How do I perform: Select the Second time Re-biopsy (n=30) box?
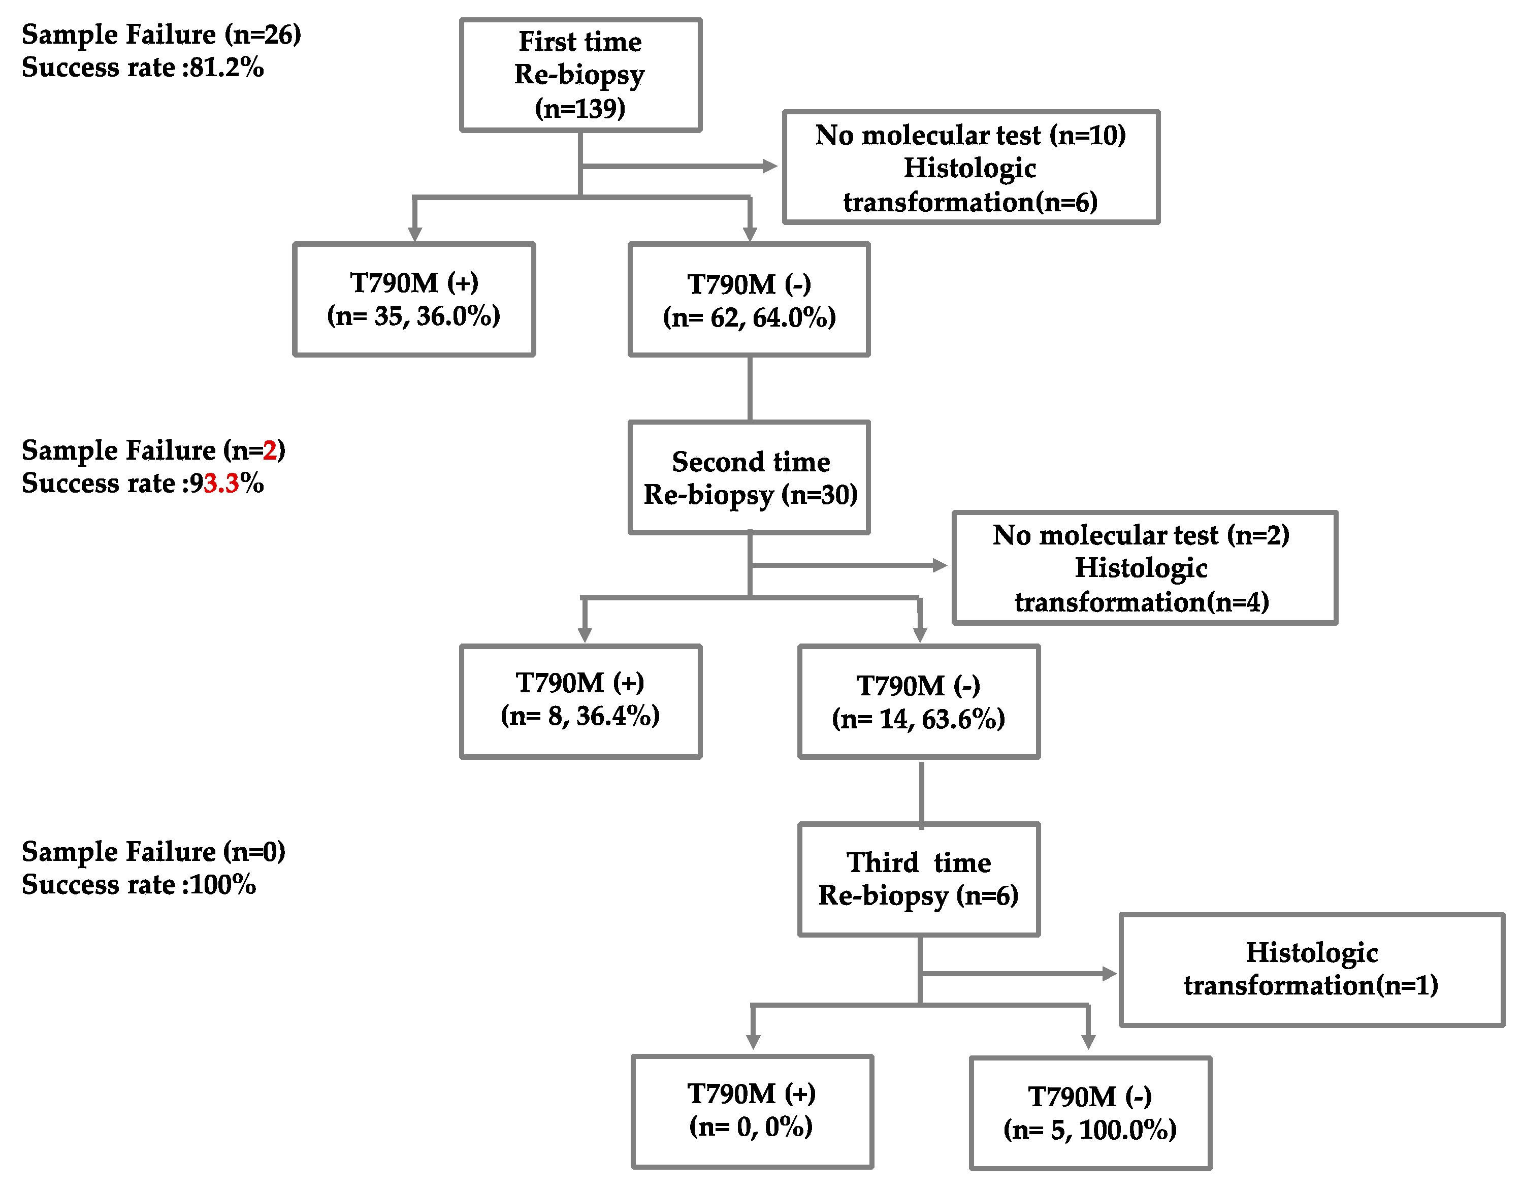(x=750, y=478)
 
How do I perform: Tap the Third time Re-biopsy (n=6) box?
(x=919, y=879)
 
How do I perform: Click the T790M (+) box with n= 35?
(x=414, y=300)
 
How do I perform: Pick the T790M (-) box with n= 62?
(x=750, y=300)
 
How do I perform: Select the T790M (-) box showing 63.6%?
(x=919, y=701)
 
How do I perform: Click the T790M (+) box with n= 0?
(x=752, y=1111)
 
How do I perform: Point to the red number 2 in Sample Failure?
(x=270, y=451)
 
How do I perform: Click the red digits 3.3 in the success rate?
(x=221, y=484)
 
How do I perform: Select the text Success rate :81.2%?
(x=143, y=68)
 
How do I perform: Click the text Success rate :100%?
(x=139, y=885)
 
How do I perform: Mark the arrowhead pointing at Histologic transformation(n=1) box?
(x=1110, y=974)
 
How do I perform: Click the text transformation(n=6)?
(x=970, y=202)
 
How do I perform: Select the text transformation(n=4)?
(x=1142, y=602)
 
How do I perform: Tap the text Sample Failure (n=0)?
(x=153, y=851)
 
